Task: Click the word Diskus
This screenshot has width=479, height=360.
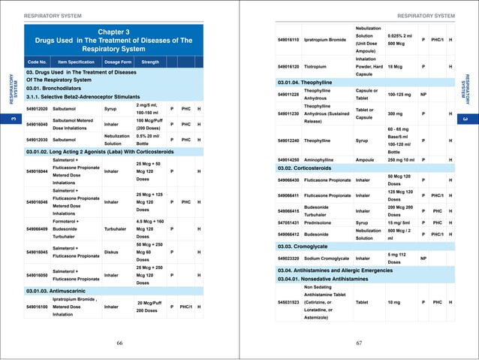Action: [x=112, y=252]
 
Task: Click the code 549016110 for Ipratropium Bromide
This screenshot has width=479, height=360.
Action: [x=290, y=39]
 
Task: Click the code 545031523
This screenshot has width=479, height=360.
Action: [x=290, y=302]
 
